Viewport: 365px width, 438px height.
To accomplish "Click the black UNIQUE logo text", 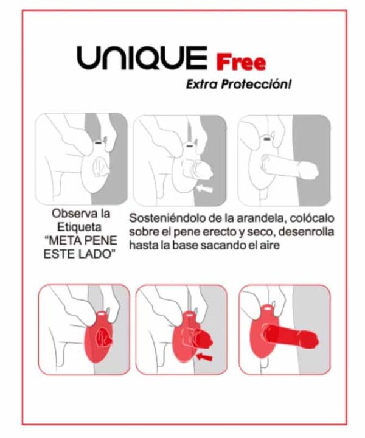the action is point(142,58).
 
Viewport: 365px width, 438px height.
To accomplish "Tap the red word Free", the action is point(241,62).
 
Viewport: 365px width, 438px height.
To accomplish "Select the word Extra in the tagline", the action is point(202,84).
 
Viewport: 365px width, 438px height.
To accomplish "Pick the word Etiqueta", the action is point(79,227).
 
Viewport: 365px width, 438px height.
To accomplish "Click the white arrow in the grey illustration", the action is point(204,189).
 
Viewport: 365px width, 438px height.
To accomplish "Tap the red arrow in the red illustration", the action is point(204,356).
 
